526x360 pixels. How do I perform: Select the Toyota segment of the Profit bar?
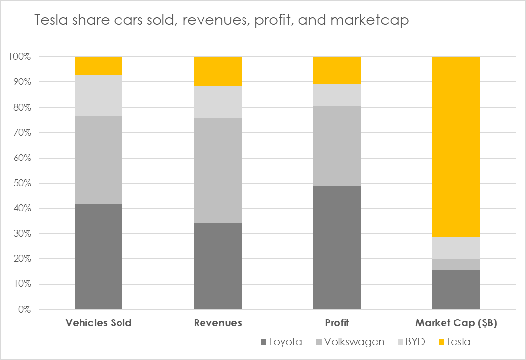(337, 247)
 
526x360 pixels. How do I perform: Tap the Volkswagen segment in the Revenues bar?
(218, 170)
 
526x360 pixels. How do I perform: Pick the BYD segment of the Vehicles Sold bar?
(99, 95)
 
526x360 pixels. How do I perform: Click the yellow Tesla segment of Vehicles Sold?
(99, 66)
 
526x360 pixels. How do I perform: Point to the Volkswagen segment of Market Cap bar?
(456, 264)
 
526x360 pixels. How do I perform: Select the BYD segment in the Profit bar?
(337, 95)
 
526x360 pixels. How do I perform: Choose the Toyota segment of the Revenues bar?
(218, 266)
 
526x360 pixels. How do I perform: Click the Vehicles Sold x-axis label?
(99, 323)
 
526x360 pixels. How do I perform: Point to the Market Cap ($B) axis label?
(456, 323)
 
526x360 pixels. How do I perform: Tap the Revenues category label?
(218, 323)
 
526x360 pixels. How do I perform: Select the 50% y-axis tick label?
(21, 183)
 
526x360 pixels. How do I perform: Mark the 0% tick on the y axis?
(24, 310)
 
